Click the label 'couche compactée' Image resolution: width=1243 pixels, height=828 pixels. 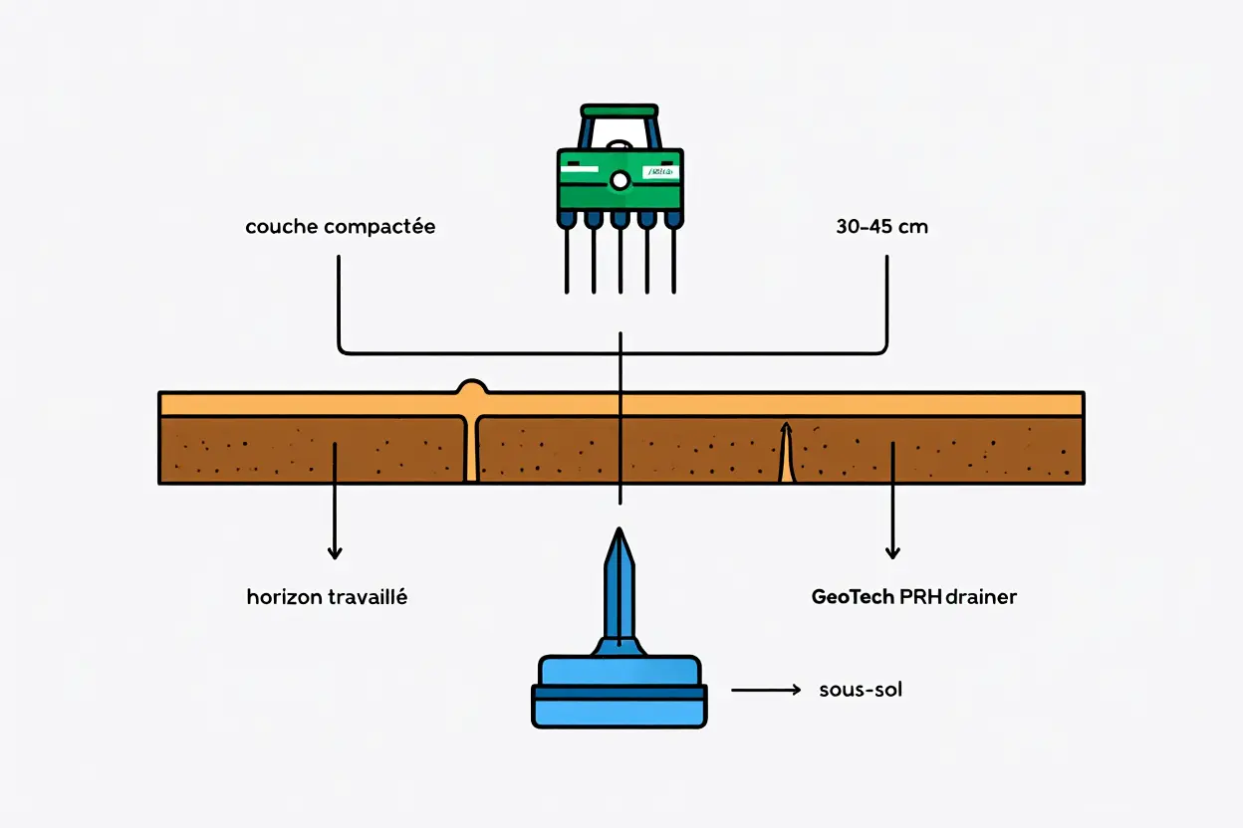coord(340,227)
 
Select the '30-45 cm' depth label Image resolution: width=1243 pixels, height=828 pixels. coord(881,227)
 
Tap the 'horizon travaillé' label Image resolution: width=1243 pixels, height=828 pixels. coord(327,597)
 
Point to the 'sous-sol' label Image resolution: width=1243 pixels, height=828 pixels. coord(861,690)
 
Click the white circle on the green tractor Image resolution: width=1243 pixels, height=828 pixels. coord(620,180)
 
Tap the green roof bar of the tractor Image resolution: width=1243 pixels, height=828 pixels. coord(619,109)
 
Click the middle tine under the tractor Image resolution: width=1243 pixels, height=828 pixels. coord(620,259)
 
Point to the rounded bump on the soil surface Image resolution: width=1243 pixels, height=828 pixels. coord(471,386)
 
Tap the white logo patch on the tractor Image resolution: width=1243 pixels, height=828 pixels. coord(660,172)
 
